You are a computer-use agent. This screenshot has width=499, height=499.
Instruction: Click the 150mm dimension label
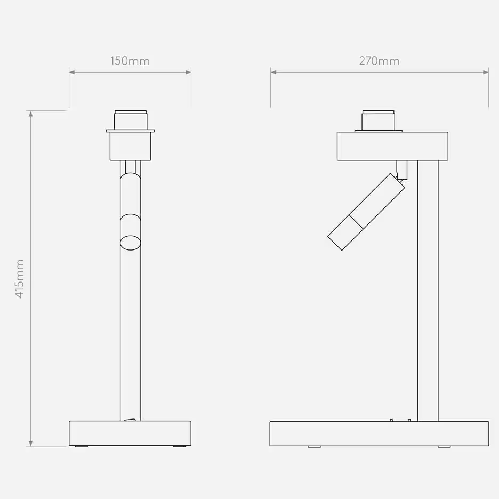pyautogui.click(x=130, y=61)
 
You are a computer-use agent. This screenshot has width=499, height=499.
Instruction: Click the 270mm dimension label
pyautogui.click(x=380, y=61)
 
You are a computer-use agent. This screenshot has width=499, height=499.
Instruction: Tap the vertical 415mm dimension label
pyautogui.click(x=20, y=279)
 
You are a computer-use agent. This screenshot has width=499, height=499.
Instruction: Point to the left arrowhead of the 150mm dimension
pyautogui.click(x=72, y=73)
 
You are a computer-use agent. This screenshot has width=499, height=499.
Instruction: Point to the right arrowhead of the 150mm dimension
pyautogui.click(x=188, y=73)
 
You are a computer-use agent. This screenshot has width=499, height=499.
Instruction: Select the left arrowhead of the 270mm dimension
pyautogui.click(x=273, y=73)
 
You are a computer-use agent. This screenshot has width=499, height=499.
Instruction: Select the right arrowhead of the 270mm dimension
pyautogui.click(x=486, y=73)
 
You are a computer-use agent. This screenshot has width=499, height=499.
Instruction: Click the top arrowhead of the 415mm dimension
pyautogui.click(x=30, y=114)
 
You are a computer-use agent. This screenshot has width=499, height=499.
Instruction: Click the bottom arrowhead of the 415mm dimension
pyautogui.click(x=30, y=444)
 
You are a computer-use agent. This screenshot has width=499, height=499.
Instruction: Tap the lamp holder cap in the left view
pyautogui.click(x=131, y=120)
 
